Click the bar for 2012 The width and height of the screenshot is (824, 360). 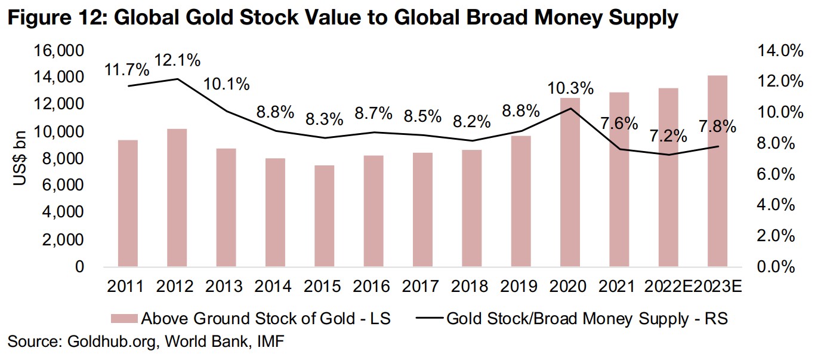tap(177, 198)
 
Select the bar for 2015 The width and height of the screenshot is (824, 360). tap(325, 216)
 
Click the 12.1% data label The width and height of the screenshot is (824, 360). tap(177, 60)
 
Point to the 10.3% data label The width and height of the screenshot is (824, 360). tap(571, 88)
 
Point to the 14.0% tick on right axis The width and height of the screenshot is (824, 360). tap(776, 51)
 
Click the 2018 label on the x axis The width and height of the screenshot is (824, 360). tap(471, 287)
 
